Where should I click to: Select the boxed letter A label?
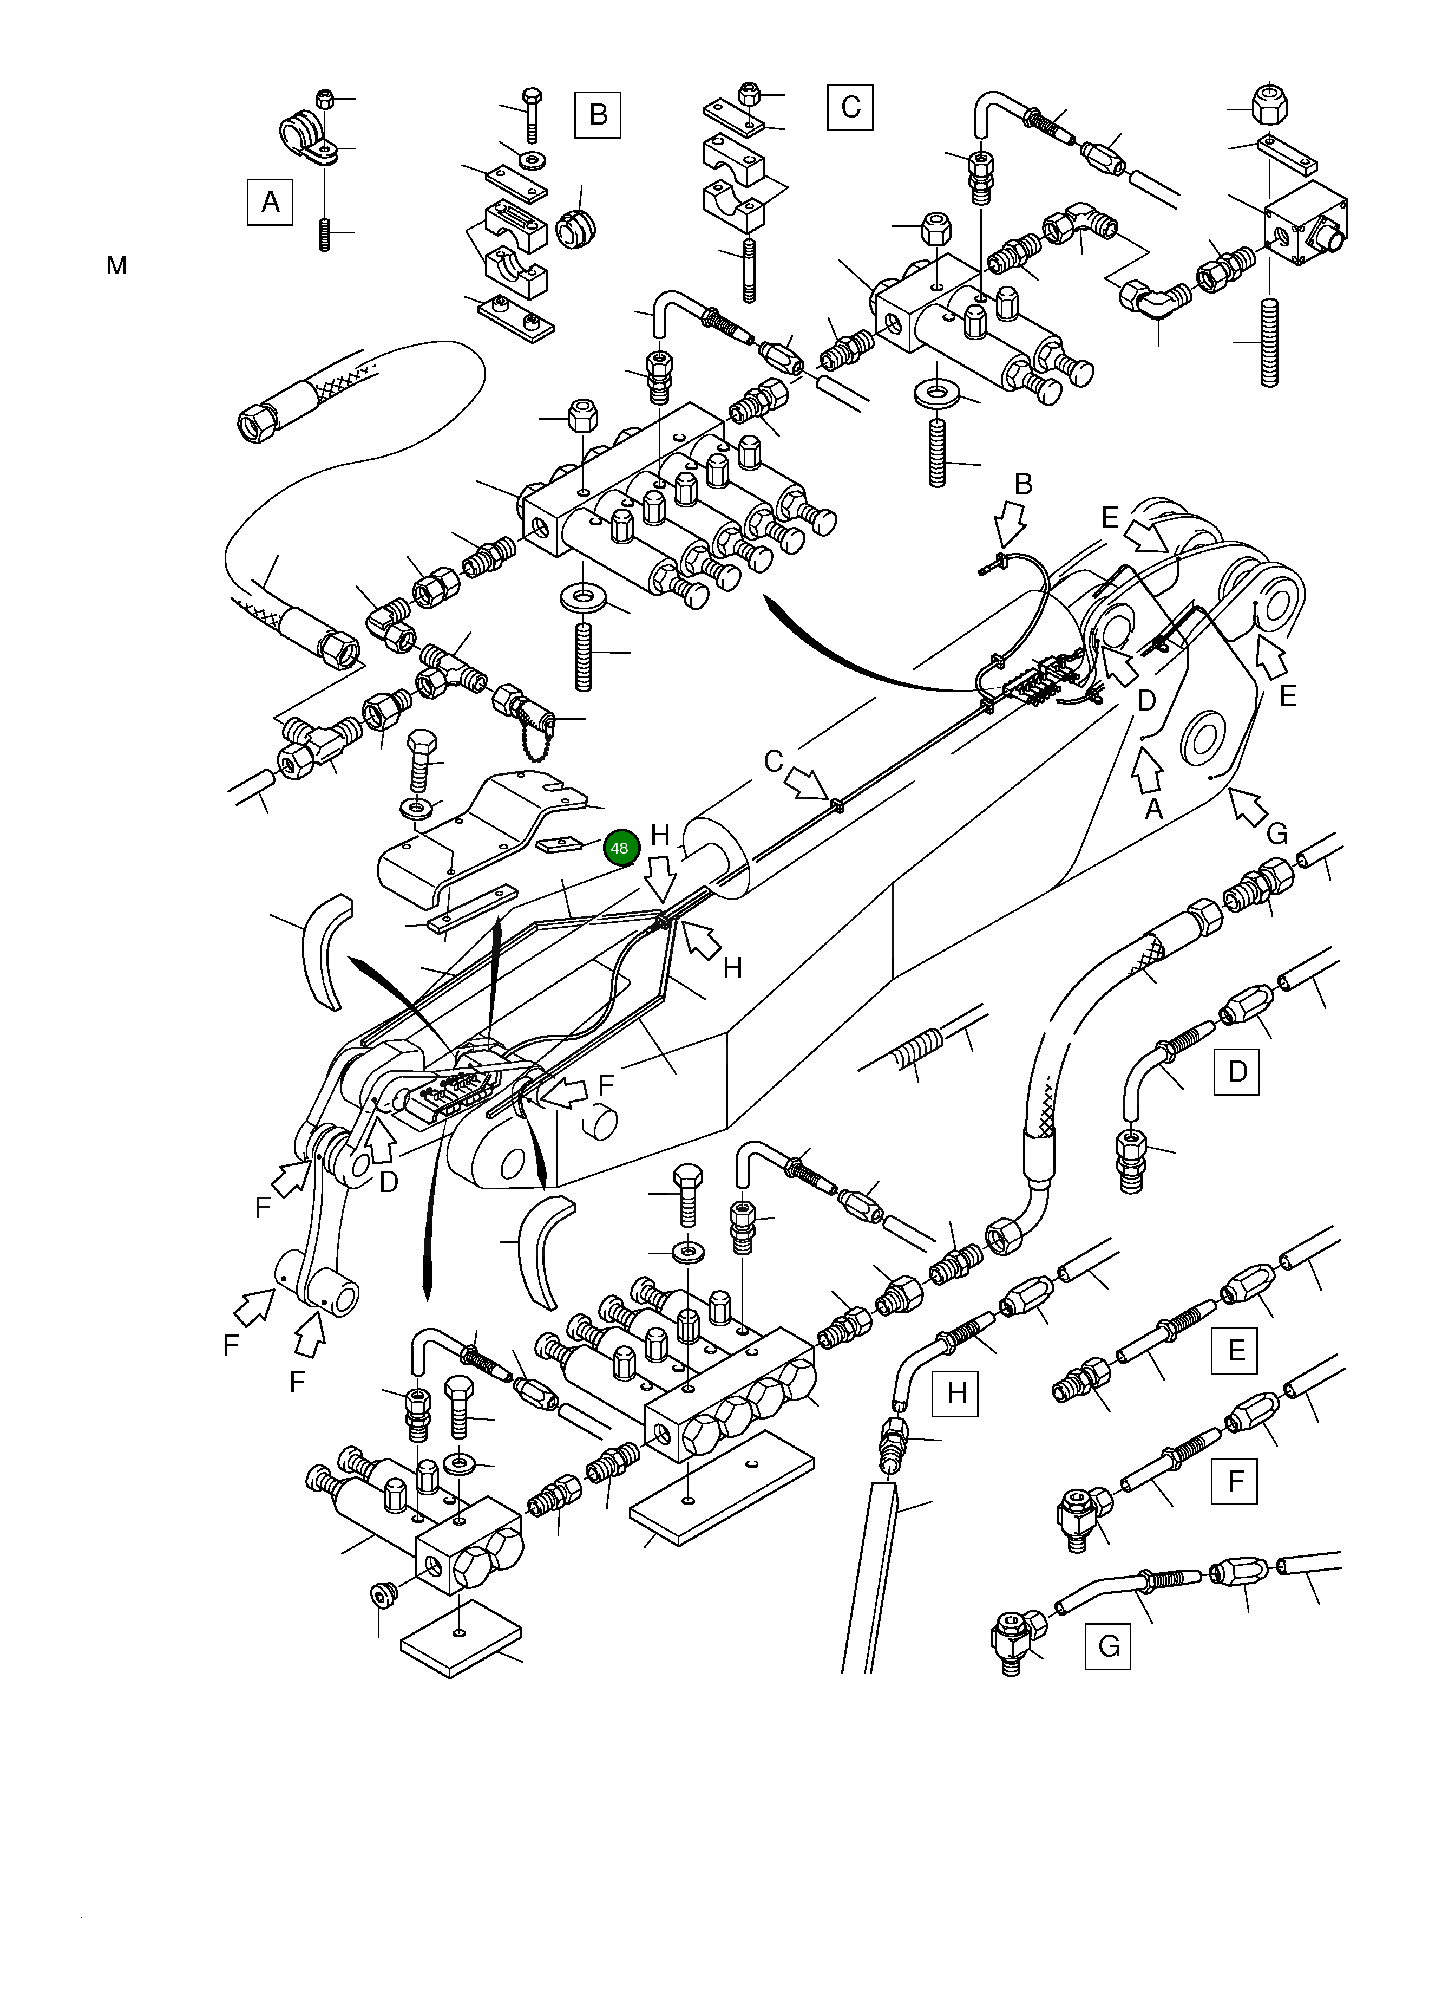pos(270,203)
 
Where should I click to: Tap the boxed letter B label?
pos(598,114)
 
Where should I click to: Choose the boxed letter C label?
pos(850,107)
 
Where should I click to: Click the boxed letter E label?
pos(1235,1350)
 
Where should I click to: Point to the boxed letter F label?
pos(1235,1481)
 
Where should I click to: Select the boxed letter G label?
pos(1108,1645)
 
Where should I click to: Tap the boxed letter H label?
pos(955,1392)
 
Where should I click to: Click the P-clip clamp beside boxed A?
pos(304,136)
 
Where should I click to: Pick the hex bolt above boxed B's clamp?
pos(532,114)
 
